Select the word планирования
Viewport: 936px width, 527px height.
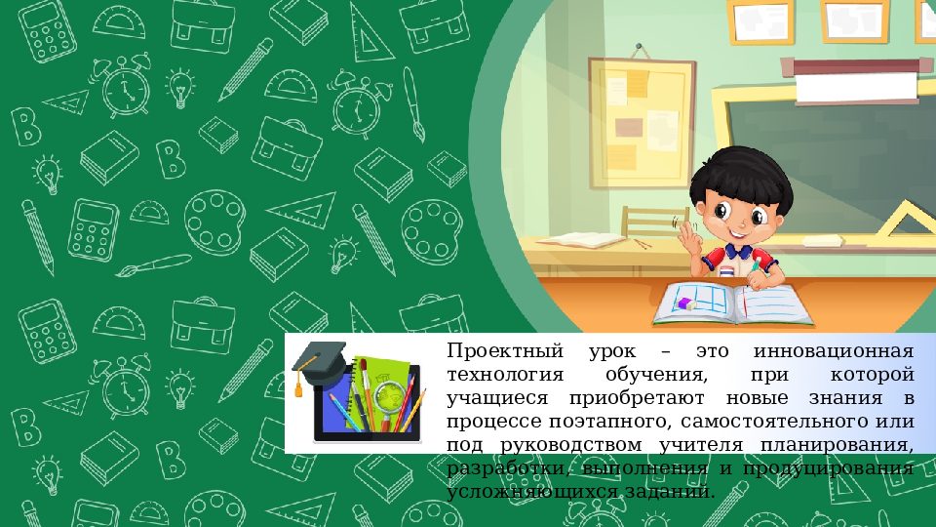click(836, 445)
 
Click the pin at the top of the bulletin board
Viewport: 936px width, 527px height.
click(640, 46)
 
